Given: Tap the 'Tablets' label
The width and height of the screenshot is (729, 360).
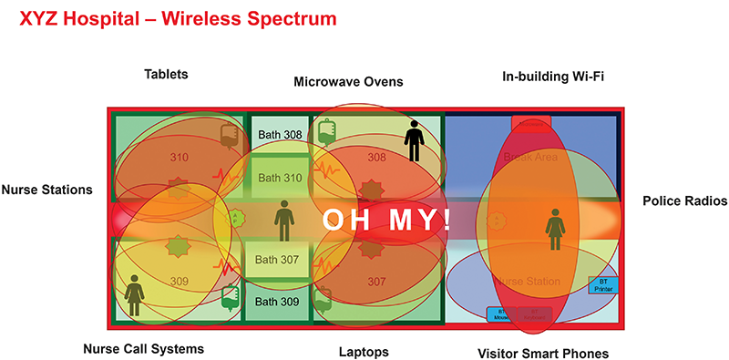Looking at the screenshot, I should click(166, 74).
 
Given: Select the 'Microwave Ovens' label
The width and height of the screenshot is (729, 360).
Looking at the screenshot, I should click(348, 82).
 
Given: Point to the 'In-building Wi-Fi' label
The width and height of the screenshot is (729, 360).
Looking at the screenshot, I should click(553, 76).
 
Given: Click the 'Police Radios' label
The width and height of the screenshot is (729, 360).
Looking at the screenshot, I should click(684, 201).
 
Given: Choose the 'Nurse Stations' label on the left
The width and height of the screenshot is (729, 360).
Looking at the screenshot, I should click(46, 190).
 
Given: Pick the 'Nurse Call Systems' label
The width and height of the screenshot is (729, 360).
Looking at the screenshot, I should click(143, 349).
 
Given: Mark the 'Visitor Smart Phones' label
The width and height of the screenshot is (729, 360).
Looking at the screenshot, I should click(543, 353).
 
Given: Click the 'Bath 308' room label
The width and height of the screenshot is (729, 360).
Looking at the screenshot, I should click(279, 135).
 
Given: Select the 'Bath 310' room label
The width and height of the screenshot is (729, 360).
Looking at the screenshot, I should click(279, 178).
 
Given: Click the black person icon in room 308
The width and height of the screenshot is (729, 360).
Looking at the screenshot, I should click(415, 141).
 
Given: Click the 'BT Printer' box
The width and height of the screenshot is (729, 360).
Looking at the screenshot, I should click(602, 285).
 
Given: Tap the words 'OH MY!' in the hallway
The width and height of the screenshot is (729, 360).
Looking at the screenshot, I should click(386, 221).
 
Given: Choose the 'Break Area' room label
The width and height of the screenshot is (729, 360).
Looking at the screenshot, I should click(529, 158).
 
